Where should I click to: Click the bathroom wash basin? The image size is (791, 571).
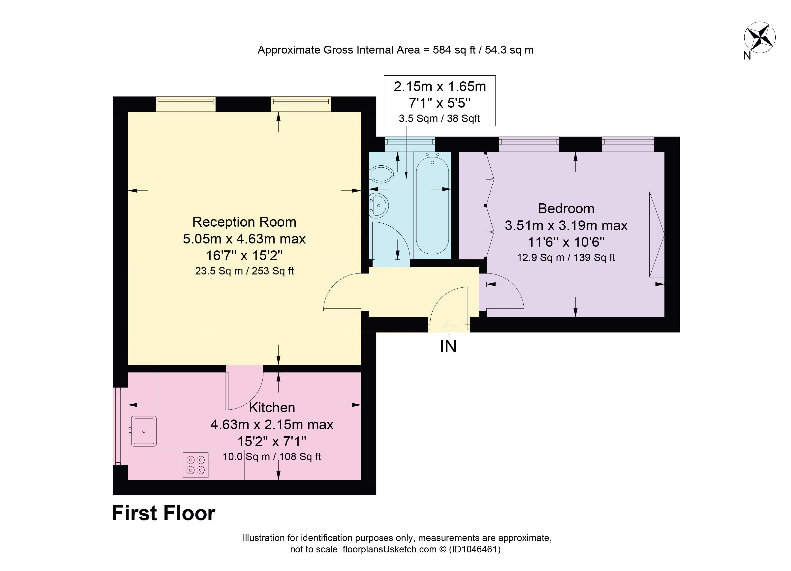click(x=379, y=205)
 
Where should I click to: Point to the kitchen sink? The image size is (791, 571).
click(x=143, y=431)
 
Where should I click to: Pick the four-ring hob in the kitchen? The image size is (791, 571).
click(x=196, y=465)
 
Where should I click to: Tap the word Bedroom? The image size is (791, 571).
click(x=566, y=209)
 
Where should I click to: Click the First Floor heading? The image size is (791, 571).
click(x=163, y=513)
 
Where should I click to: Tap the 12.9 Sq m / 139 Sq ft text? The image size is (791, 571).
click(x=566, y=258)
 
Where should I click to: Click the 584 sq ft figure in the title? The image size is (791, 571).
click(x=454, y=50)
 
